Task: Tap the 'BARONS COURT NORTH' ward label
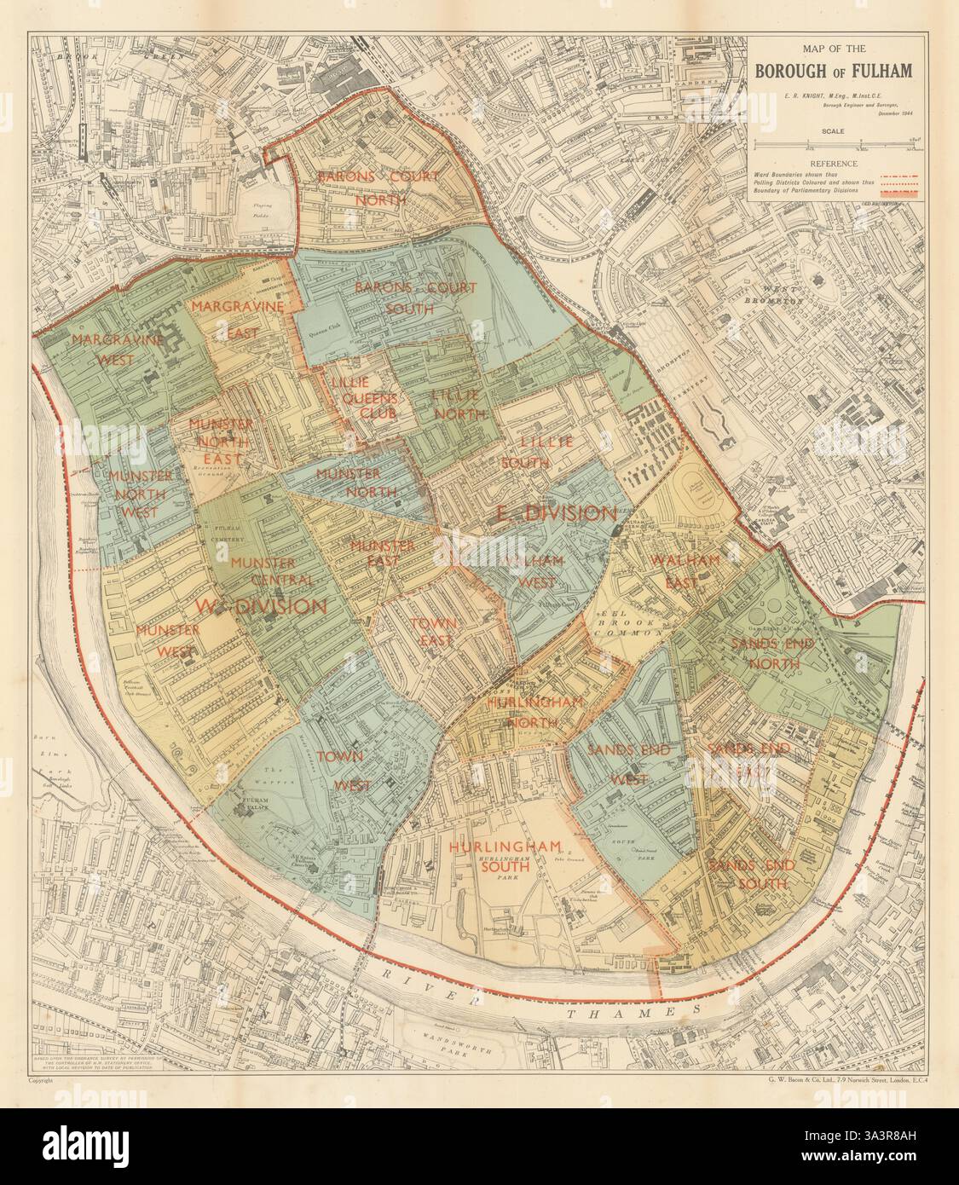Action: [378, 188]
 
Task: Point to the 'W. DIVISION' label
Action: [261, 606]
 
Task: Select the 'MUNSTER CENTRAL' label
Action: [261, 570]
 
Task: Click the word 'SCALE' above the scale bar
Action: [834, 131]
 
